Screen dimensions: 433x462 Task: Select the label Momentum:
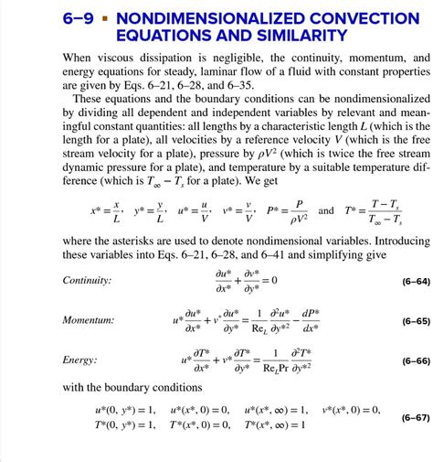89,320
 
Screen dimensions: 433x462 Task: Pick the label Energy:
80,360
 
